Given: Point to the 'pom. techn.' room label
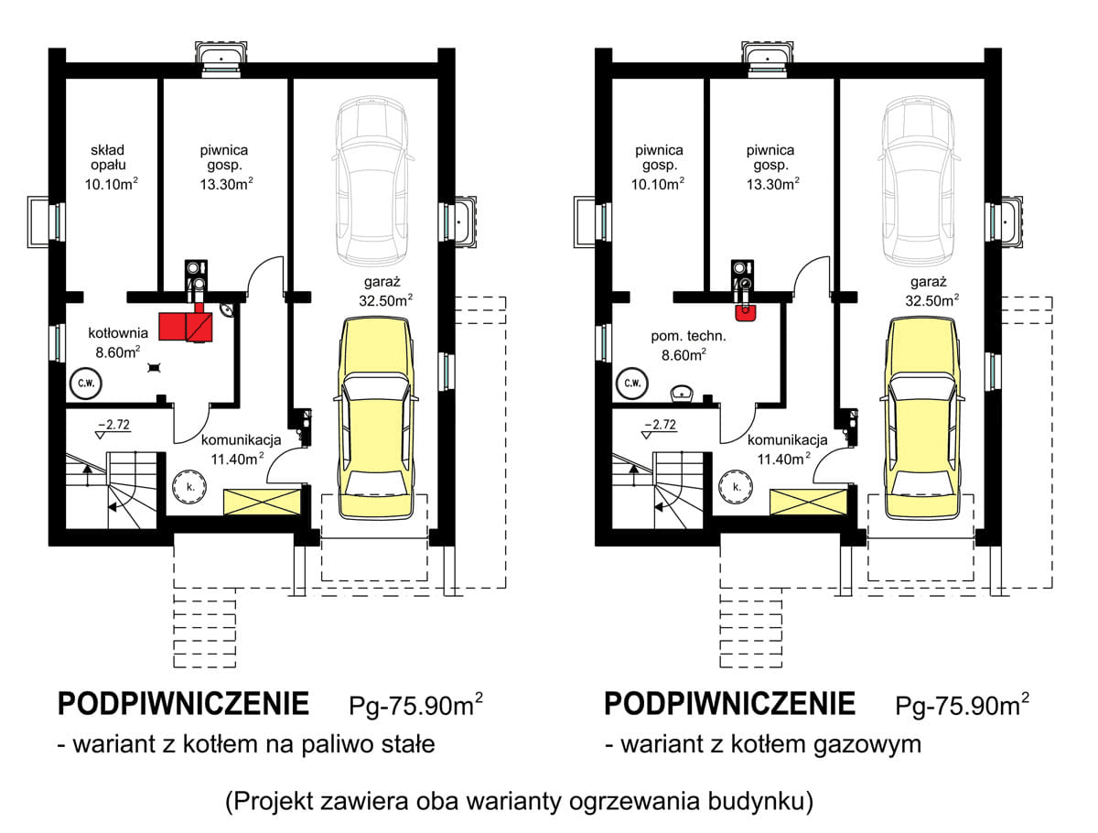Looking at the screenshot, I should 673,335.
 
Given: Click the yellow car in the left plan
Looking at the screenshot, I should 377,416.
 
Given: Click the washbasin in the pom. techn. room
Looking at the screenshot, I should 682,394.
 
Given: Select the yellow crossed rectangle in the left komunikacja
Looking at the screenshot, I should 263,501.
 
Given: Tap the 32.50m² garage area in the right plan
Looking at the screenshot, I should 931,299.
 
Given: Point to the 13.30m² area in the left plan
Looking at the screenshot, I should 226,183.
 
